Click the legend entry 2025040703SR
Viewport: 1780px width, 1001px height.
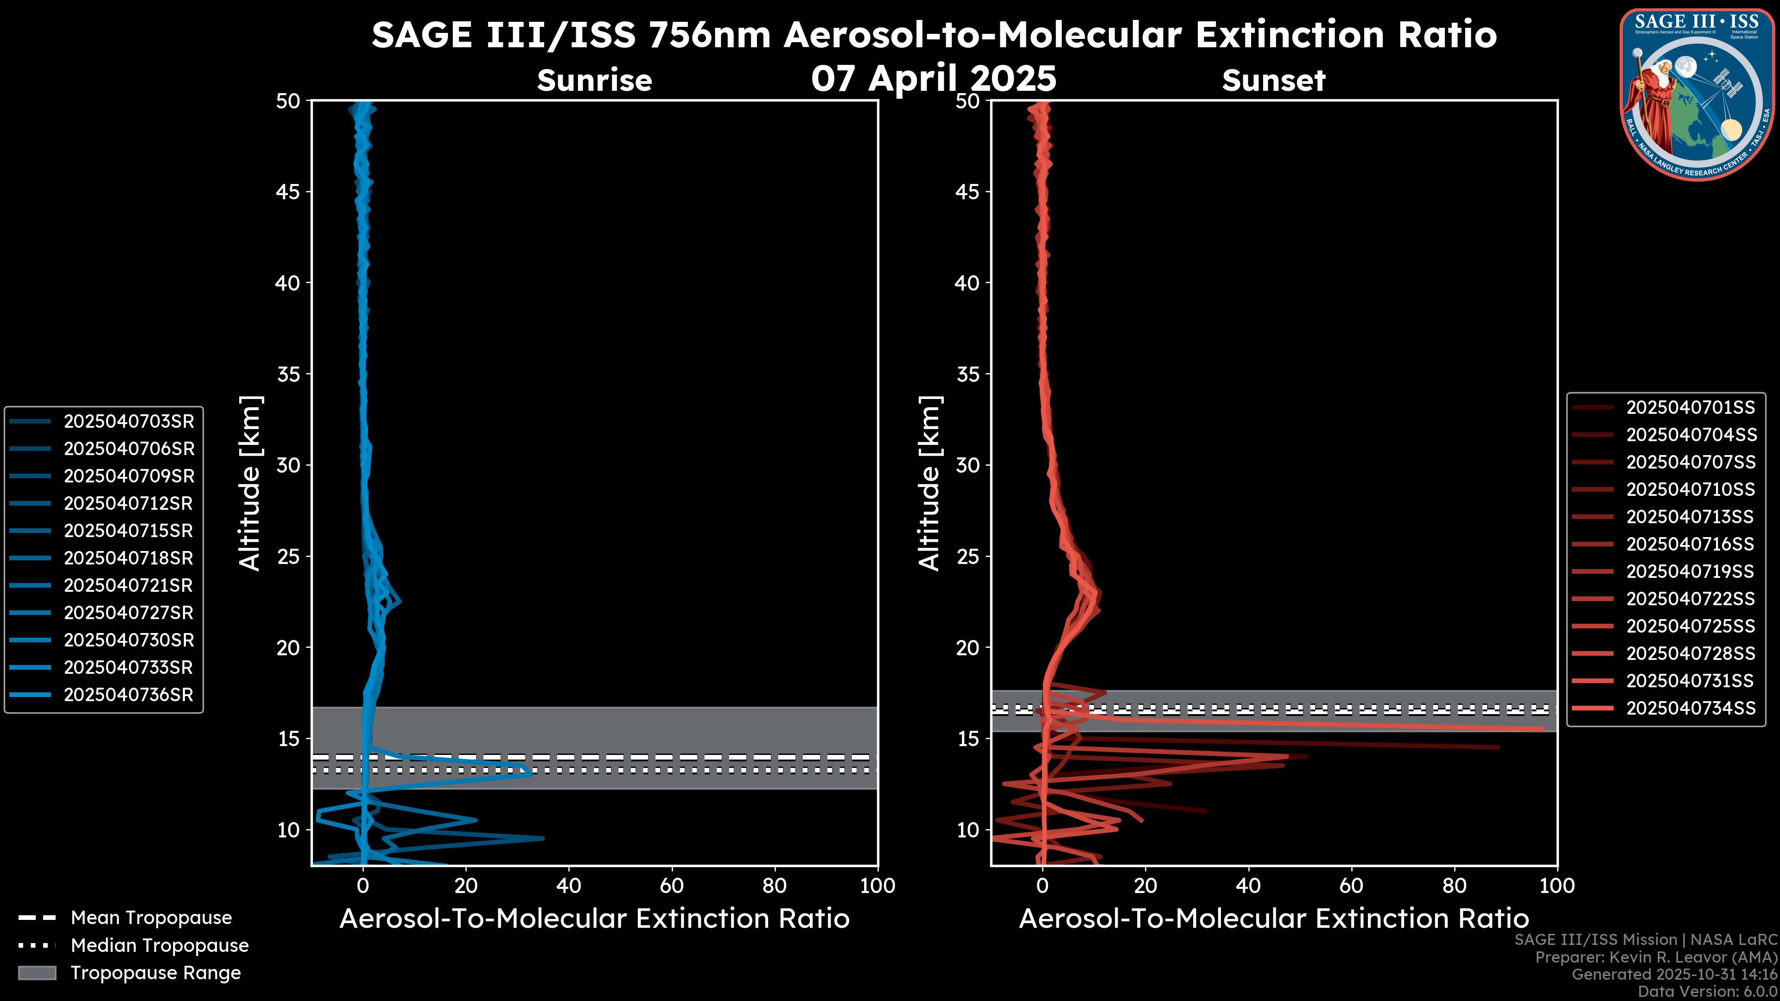pyautogui.click(x=128, y=421)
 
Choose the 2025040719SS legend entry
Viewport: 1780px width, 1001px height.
pyautogui.click(x=1690, y=571)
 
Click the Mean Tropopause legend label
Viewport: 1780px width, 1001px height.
pyautogui.click(x=151, y=918)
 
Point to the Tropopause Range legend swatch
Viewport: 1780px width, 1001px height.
pyautogui.click(x=37, y=973)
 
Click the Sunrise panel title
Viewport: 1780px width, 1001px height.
pyautogui.click(x=594, y=81)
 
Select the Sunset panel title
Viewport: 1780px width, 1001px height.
pyautogui.click(x=1273, y=81)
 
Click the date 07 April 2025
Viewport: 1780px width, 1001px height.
pyautogui.click(x=934, y=78)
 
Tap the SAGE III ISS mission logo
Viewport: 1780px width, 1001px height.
pyautogui.click(x=1697, y=94)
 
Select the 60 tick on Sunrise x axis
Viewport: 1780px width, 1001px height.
pyautogui.click(x=672, y=886)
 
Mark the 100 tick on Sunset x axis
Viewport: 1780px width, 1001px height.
pyautogui.click(x=1557, y=886)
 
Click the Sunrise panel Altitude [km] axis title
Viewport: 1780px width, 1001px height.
pyautogui.click(x=250, y=483)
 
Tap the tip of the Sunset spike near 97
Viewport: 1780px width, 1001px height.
pyautogui.click(x=1543, y=728)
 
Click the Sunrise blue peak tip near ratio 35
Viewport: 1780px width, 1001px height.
pyautogui.click(x=543, y=838)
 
